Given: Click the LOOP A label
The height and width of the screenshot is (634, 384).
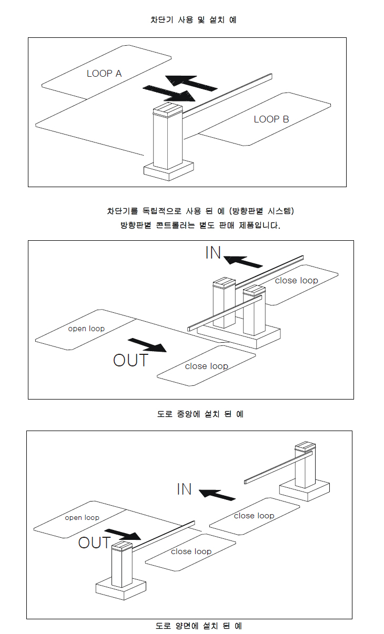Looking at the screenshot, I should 104,74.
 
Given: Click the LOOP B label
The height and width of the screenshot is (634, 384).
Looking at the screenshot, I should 271,119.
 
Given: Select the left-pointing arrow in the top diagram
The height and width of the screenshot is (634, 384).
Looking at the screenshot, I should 191,83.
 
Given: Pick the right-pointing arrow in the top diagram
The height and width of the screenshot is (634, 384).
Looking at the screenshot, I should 169,93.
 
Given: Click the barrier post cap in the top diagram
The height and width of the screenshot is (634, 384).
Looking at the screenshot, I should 167,110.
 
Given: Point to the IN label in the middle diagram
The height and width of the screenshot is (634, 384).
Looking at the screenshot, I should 213,253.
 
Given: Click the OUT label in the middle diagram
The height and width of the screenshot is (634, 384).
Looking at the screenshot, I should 131,360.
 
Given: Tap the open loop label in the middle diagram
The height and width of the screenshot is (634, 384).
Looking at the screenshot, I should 86,329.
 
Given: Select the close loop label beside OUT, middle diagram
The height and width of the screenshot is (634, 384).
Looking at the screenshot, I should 207,366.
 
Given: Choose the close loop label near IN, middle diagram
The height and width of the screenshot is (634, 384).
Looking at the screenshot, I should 296,280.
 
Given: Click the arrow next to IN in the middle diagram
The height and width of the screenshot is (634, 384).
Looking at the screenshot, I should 243,260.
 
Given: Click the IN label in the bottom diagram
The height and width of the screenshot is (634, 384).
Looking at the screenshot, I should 184,489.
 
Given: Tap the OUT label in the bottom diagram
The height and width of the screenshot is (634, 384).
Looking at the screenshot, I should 95,543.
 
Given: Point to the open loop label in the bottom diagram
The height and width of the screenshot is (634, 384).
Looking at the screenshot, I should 82,517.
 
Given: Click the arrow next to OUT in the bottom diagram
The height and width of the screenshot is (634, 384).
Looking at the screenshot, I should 124,534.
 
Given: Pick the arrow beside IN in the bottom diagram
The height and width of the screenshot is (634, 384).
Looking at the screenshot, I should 217,494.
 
